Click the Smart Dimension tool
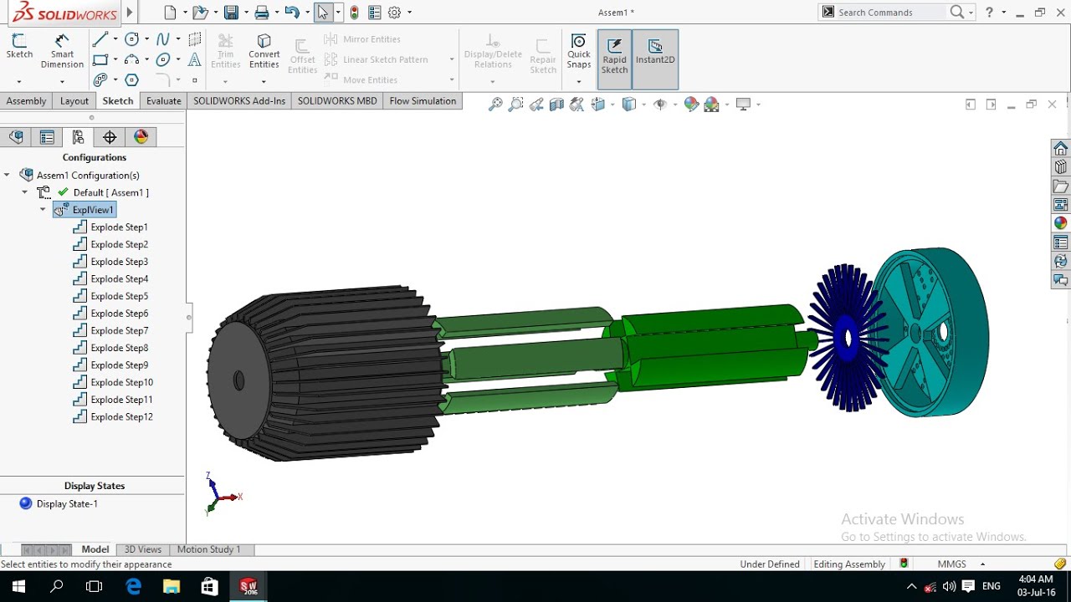(62, 52)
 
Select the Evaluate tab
(163, 101)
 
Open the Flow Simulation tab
(423, 101)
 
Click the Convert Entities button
(264, 52)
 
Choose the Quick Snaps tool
(578, 52)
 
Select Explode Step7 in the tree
(120, 330)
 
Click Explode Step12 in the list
(122, 416)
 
